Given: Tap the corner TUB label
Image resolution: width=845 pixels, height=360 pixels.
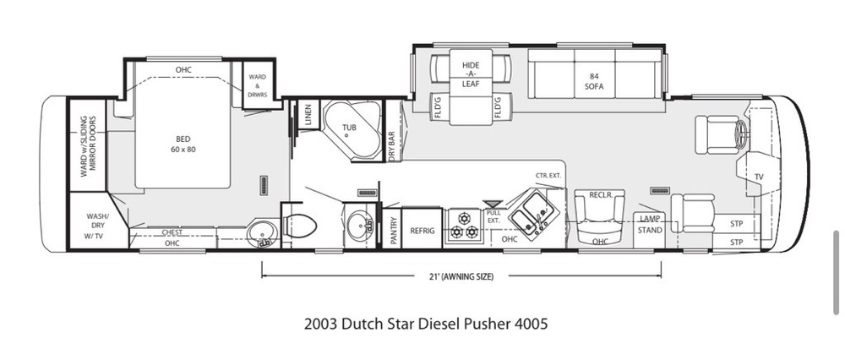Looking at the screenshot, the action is (349, 128).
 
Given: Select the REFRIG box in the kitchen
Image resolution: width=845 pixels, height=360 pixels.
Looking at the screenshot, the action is (422, 228).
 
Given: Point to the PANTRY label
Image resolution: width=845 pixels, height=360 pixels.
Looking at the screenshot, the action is (394, 231).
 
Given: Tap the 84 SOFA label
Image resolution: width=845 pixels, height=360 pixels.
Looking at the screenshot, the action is (595, 81).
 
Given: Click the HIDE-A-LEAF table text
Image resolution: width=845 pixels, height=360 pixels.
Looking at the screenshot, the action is (471, 74).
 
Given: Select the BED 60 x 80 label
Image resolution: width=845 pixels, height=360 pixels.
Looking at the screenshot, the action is (183, 144).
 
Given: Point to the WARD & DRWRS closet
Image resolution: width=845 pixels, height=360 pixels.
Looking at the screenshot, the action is (258, 84).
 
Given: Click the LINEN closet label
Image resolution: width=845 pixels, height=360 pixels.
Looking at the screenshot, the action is (308, 115).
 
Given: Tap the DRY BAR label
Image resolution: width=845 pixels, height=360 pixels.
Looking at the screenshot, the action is (392, 145).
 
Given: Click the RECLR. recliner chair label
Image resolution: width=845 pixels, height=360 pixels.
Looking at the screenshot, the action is (600, 195).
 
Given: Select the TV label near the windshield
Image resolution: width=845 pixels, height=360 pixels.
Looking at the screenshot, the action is (759, 177).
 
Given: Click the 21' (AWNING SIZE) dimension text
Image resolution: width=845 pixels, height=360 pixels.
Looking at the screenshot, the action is (462, 276).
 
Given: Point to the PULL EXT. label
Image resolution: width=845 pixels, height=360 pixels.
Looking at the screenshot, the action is (493, 216).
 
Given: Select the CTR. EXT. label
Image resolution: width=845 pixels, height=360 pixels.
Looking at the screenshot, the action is (548, 176).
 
